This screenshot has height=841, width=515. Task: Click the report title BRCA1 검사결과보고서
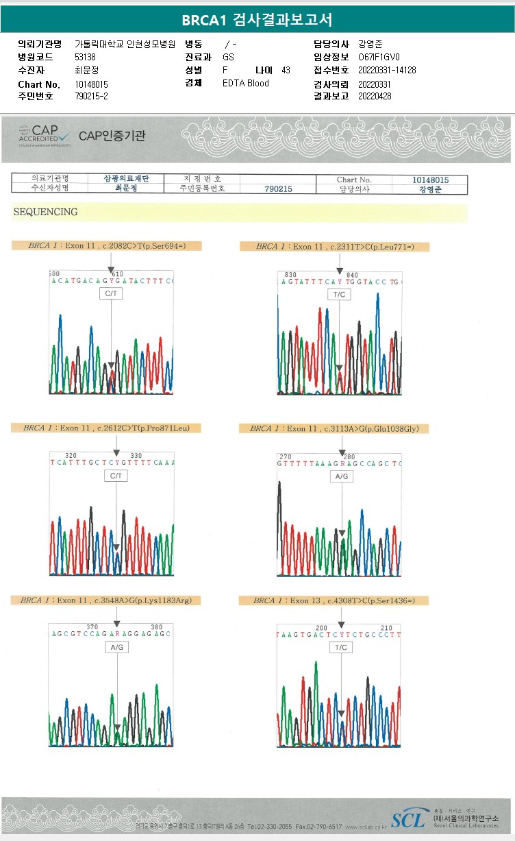[x=257, y=20]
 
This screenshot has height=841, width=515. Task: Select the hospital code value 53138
[x=86, y=58]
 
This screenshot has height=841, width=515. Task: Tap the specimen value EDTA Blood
[x=246, y=84]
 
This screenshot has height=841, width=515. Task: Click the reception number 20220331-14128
[x=387, y=70]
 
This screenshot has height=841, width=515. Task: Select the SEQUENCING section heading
[x=45, y=212]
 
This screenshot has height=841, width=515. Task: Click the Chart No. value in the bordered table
[x=430, y=180]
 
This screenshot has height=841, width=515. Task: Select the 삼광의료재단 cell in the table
[x=126, y=178]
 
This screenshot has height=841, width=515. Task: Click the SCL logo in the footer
[x=407, y=818]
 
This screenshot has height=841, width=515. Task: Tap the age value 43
[x=286, y=71]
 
